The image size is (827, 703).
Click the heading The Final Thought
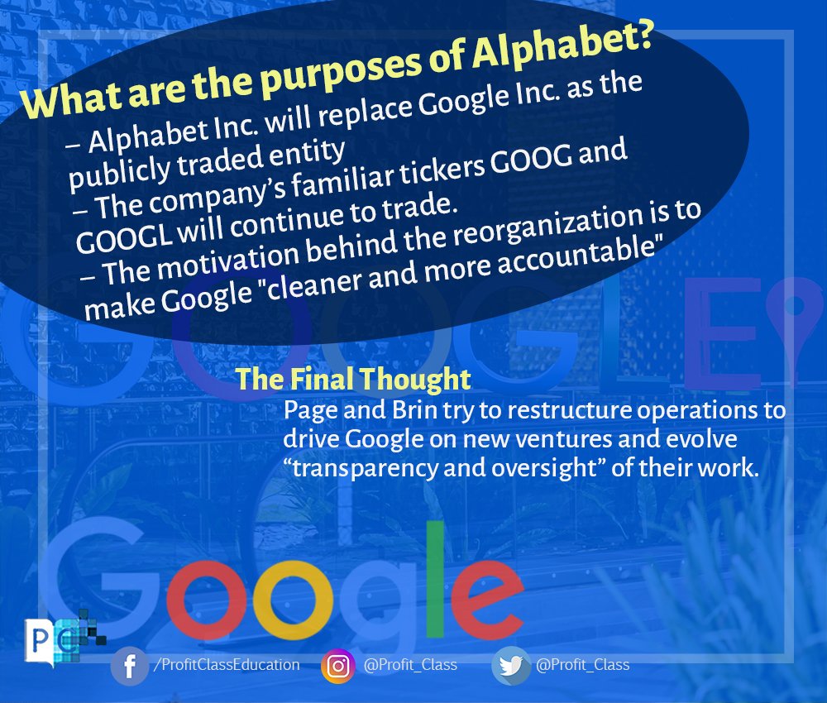tap(353, 380)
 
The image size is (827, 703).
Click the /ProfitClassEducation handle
tap(225, 665)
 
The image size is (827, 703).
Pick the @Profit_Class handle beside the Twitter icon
tap(582, 665)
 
